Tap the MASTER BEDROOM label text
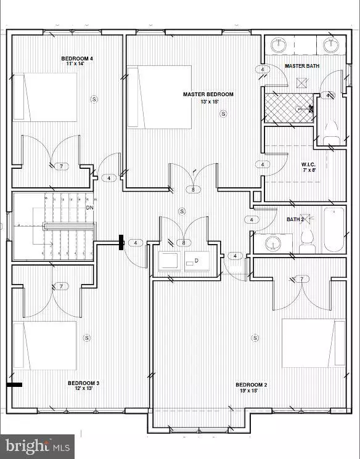(x=208, y=94)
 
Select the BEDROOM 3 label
(x=83, y=383)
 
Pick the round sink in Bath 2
(x=272, y=244)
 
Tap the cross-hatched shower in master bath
(x=288, y=108)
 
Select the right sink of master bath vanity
(x=330, y=44)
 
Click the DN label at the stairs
(x=89, y=208)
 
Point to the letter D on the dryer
(x=197, y=260)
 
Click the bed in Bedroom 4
(x=46, y=97)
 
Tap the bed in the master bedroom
(x=160, y=97)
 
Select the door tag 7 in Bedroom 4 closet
(x=60, y=166)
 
